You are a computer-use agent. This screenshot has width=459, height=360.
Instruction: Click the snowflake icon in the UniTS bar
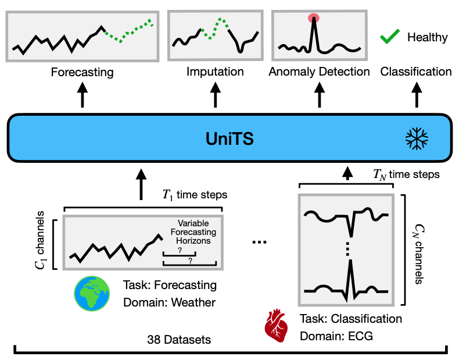[417, 138]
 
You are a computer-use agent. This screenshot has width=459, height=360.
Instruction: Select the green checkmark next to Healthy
[388, 37]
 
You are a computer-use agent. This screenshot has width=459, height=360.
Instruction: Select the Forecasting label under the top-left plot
[82, 73]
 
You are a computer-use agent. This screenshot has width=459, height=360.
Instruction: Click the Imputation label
[215, 72]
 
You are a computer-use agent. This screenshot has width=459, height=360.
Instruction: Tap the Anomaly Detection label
[320, 72]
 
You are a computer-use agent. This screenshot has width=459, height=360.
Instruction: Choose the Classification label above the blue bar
[416, 72]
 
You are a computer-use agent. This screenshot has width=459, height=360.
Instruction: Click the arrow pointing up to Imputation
[216, 95]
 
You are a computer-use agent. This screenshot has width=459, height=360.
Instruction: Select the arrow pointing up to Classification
[416, 95]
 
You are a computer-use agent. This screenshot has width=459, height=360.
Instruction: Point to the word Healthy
[427, 38]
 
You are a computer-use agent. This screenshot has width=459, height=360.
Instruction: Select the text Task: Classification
[351, 319]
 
